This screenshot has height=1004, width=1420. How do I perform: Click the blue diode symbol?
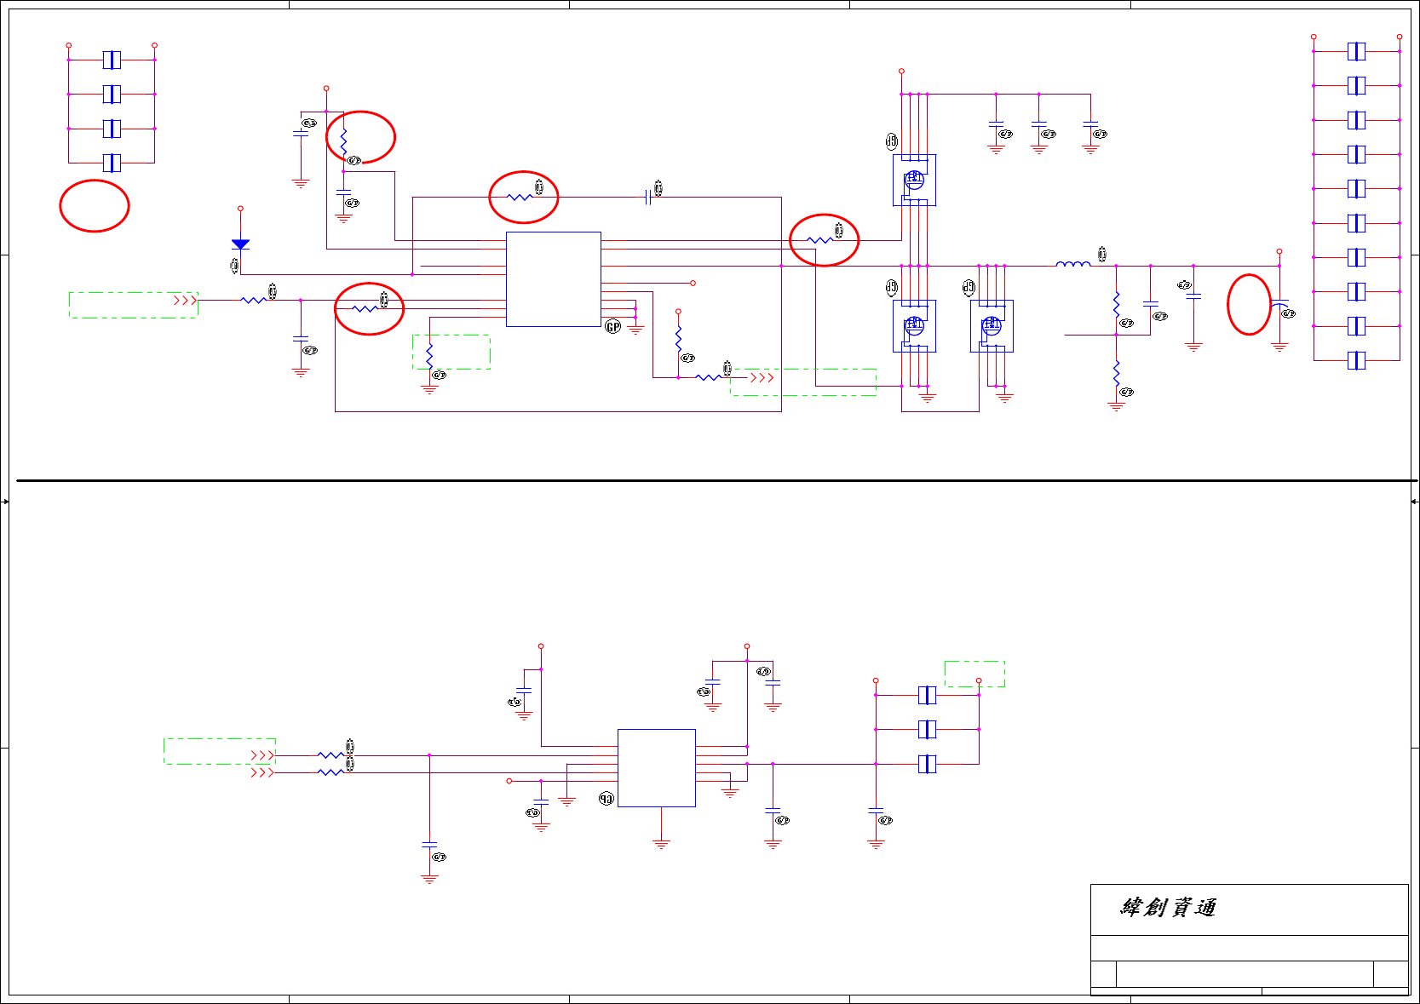240,244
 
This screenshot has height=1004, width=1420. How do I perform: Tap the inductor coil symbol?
1072,265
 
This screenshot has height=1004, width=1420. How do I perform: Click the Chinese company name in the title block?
1168,908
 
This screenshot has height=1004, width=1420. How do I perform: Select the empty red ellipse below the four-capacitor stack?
94,205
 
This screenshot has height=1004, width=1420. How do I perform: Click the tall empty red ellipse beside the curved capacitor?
1249,304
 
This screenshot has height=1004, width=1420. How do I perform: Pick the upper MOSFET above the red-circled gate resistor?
914,180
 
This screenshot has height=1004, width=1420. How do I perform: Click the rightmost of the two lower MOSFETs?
992,325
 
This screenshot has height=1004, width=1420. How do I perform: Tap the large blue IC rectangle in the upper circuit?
553,278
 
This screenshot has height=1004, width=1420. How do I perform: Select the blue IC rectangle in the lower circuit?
656,767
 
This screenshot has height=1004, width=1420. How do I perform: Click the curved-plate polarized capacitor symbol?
1279,305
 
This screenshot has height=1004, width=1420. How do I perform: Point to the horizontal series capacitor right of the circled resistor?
649,197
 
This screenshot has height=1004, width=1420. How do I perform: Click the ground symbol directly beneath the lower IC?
661,844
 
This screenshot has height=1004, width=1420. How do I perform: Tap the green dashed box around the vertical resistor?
451,352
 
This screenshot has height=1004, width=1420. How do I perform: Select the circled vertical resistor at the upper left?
344,143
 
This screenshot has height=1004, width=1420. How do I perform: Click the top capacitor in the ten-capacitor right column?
1356,51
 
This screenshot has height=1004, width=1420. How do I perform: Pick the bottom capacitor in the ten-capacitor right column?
1356,360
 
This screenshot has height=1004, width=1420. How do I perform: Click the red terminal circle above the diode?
240,208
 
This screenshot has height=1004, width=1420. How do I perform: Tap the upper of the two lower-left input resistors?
331,754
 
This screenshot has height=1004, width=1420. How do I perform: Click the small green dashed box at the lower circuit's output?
974,674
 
